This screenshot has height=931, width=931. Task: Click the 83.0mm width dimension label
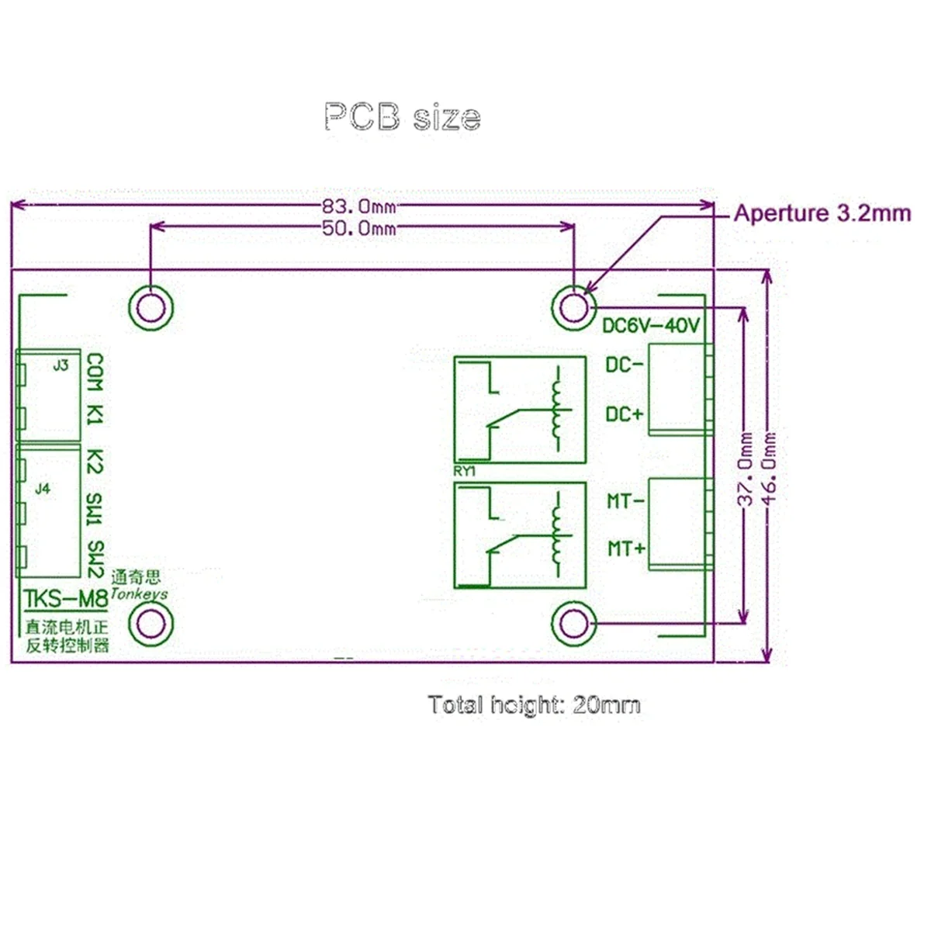point(358,206)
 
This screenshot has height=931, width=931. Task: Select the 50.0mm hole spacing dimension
point(358,228)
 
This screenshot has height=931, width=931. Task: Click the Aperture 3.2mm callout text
point(822,213)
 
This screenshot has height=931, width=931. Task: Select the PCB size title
point(402,117)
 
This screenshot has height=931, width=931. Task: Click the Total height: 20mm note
point(534,704)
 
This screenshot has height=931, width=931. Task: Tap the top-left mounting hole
point(150,308)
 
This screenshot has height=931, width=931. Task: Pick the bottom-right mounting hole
point(573,623)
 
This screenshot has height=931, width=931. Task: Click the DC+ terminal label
point(625,414)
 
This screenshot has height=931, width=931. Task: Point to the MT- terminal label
point(625,501)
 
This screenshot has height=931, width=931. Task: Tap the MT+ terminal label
point(626,549)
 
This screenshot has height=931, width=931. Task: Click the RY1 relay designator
point(463,472)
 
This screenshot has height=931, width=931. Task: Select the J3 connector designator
point(61,365)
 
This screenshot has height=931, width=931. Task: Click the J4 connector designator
point(43,489)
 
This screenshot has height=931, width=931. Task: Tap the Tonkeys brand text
point(139,594)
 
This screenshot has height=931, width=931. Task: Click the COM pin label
point(95,373)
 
